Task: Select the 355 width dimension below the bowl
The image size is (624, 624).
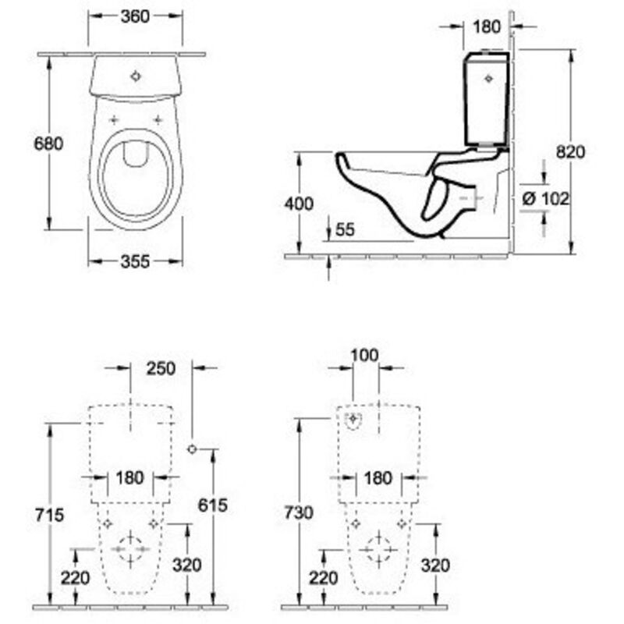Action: (x=136, y=262)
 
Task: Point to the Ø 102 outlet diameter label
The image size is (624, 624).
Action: (x=544, y=198)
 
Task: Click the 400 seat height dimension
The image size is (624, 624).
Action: (x=299, y=204)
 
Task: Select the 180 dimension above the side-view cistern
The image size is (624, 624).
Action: (x=486, y=27)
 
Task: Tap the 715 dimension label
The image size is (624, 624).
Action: (x=47, y=515)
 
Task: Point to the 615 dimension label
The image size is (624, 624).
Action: (x=212, y=505)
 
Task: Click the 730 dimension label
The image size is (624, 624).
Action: (x=299, y=512)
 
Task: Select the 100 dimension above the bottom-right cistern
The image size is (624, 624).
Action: (x=363, y=356)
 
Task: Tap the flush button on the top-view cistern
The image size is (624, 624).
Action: (x=136, y=76)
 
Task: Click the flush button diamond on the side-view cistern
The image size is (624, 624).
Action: (x=490, y=77)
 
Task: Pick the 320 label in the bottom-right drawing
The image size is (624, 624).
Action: (x=434, y=565)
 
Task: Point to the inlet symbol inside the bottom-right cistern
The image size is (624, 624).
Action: (x=355, y=420)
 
